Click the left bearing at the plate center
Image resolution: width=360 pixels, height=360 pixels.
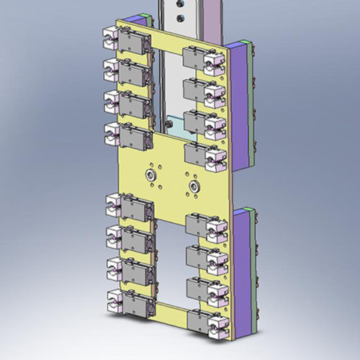click(x=149, y=175)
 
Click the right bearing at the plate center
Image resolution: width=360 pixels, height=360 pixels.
click(x=193, y=186)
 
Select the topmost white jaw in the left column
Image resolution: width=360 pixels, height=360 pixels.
click(x=112, y=35)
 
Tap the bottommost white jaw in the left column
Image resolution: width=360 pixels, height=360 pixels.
click(x=113, y=302)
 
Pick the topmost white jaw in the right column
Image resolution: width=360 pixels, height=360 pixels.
click(x=215, y=64)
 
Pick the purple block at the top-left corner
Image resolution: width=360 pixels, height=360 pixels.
click(x=133, y=25)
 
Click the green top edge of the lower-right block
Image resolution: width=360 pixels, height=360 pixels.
click(x=247, y=210)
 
